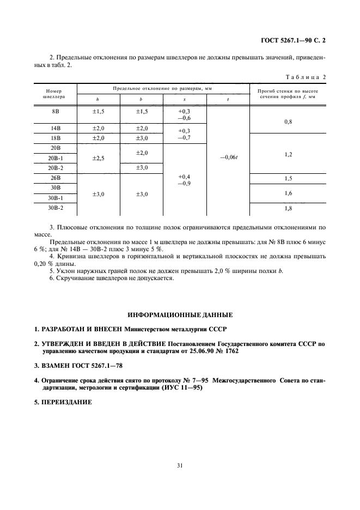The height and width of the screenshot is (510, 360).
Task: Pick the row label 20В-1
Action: click(54, 158)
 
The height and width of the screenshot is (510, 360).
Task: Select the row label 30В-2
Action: click(54, 208)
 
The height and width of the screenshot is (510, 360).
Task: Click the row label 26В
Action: click(54, 178)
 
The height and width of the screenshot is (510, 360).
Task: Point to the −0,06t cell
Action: click(228, 158)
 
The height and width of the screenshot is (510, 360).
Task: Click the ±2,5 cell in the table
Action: click(98, 158)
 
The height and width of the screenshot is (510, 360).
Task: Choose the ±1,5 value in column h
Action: click(98, 111)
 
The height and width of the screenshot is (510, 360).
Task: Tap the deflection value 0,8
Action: click(288, 122)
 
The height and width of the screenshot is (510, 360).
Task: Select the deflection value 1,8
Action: click(288, 208)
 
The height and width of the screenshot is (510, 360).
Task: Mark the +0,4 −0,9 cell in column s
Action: click(184, 180)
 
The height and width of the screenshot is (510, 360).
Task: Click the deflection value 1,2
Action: click(288, 155)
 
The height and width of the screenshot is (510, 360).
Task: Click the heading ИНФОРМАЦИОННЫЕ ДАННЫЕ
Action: click(180, 315)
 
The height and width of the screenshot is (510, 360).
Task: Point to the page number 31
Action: click(180, 465)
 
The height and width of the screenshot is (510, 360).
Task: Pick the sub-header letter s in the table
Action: click(184, 100)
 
